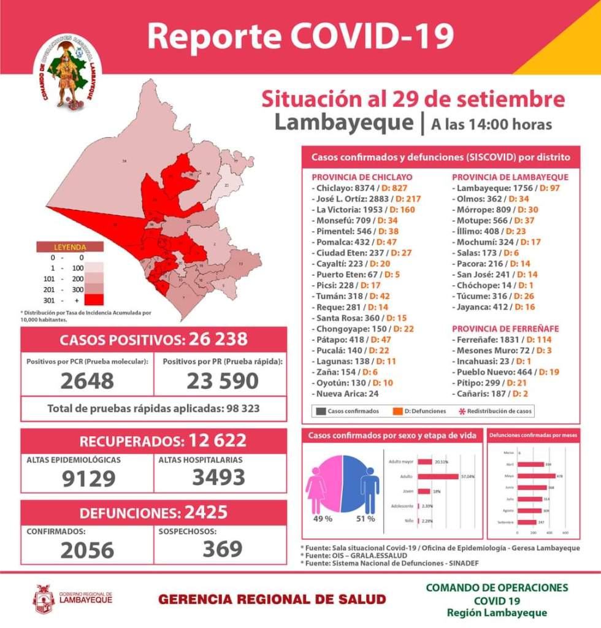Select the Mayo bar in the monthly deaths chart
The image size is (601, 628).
[537, 476]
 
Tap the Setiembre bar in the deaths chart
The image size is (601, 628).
[527, 522]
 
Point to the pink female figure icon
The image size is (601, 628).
[316, 491]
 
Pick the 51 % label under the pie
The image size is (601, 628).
[366, 519]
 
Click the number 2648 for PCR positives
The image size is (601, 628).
[87, 380]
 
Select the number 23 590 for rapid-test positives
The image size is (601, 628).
[222, 380]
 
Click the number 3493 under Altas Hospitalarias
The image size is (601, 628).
[219, 477]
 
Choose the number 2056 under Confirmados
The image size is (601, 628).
[87, 550]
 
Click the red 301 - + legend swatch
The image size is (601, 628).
[94, 300]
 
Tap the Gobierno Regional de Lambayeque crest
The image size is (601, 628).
[44, 599]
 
